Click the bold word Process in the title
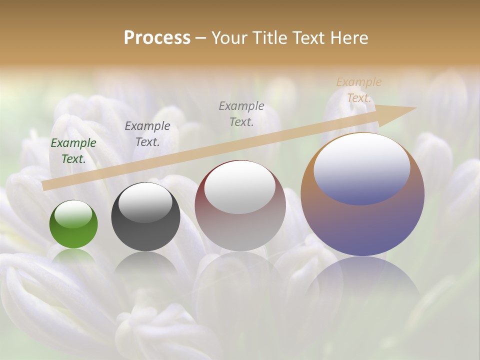(x=157, y=38)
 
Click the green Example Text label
(x=73, y=151)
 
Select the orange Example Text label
(x=359, y=90)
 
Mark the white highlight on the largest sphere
(x=362, y=167)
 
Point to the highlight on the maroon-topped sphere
(x=240, y=187)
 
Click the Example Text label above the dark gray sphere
(x=147, y=134)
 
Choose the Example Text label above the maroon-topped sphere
(x=241, y=114)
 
